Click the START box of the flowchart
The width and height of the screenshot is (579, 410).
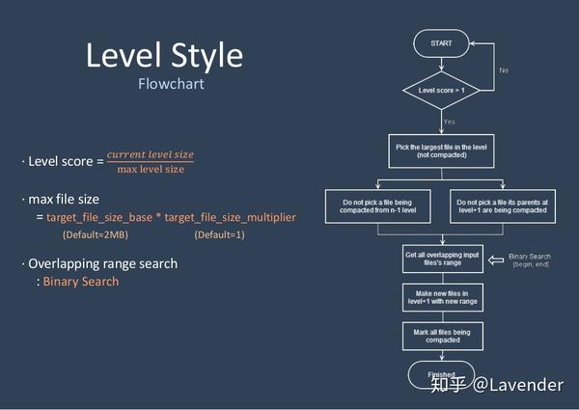tap(441, 43)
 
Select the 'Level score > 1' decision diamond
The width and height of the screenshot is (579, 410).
tap(441, 90)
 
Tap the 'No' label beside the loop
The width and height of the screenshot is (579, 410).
tap(504, 70)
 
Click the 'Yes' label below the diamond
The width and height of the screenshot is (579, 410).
tap(450, 122)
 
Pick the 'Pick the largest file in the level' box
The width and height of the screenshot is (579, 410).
tap(441, 150)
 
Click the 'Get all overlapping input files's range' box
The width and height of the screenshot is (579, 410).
tap(441, 259)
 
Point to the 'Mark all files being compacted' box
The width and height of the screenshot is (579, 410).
tap(441, 335)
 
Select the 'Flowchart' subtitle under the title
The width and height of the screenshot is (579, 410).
tap(171, 84)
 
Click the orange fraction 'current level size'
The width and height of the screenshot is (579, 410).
tap(150, 154)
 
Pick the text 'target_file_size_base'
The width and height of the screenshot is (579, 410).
tap(102, 218)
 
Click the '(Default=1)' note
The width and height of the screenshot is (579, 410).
tap(219, 235)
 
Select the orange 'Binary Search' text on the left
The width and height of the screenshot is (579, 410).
tap(81, 282)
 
